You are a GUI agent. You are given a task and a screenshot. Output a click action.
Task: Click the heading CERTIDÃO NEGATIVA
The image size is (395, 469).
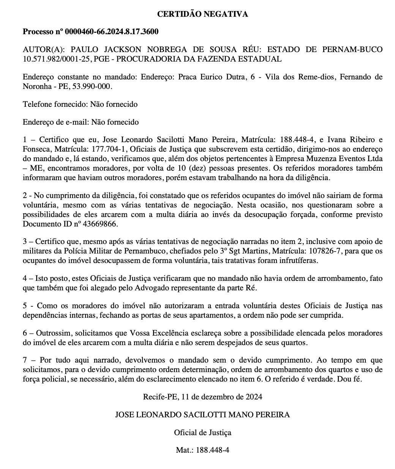point(202,14)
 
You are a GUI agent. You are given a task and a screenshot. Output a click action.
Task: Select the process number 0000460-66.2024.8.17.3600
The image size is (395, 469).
point(112,32)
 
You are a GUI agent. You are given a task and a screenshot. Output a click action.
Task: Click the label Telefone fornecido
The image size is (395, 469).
point(55,104)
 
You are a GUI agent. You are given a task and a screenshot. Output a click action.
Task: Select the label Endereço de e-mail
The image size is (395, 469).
point(55,122)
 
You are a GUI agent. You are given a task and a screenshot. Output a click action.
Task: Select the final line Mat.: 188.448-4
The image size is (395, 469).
point(202,450)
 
